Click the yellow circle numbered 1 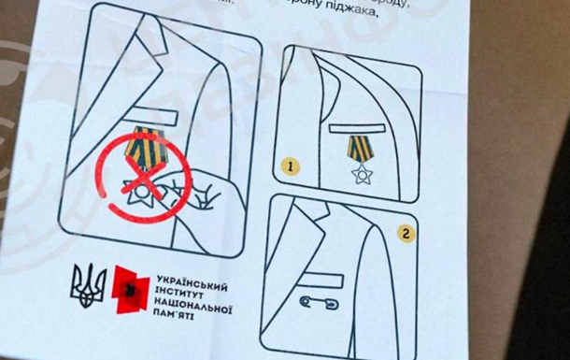coord(292,166)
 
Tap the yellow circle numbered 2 coord(405,233)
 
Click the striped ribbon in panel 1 coord(359,148)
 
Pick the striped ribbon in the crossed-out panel coord(148,147)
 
